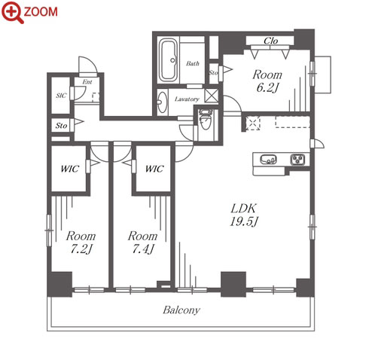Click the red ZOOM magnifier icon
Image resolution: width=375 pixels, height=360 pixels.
[x=13, y=13]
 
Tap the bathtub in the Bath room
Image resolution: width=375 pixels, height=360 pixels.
[x=169, y=60]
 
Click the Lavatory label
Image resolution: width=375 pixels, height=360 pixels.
[x=187, y=99]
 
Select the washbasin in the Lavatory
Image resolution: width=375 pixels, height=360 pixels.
[x=162, y=102]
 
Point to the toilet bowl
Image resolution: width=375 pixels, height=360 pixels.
[x=206, y=120]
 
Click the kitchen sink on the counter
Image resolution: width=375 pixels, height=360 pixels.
[x=268, y=160]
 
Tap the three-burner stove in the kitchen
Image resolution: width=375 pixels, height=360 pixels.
[x=298, y=160]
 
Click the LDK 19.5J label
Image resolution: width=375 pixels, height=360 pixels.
[x=244, y=215]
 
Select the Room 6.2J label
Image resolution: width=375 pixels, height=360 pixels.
[x=267, y=81]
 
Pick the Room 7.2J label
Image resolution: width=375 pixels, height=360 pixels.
[x=81, y=243]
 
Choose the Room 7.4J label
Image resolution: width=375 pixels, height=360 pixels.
[x=142, y=243]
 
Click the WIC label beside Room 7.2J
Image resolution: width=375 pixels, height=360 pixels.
[x=70, y=169]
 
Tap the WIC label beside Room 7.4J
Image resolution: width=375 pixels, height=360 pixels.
[x=154, y=169]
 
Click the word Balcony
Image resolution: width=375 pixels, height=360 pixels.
[x=181, y=310]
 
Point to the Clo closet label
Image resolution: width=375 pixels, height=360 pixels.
[x=270, y=41]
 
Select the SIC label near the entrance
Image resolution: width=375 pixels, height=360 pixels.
[x=61, y=96]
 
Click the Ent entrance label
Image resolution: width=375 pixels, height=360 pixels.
[x=87, y=82]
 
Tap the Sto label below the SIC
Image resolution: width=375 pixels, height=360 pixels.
[x=61, y=125]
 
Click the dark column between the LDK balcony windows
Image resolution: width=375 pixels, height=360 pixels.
[x=233, y=284]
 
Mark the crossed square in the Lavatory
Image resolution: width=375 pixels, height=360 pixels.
[x=212, y=96]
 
